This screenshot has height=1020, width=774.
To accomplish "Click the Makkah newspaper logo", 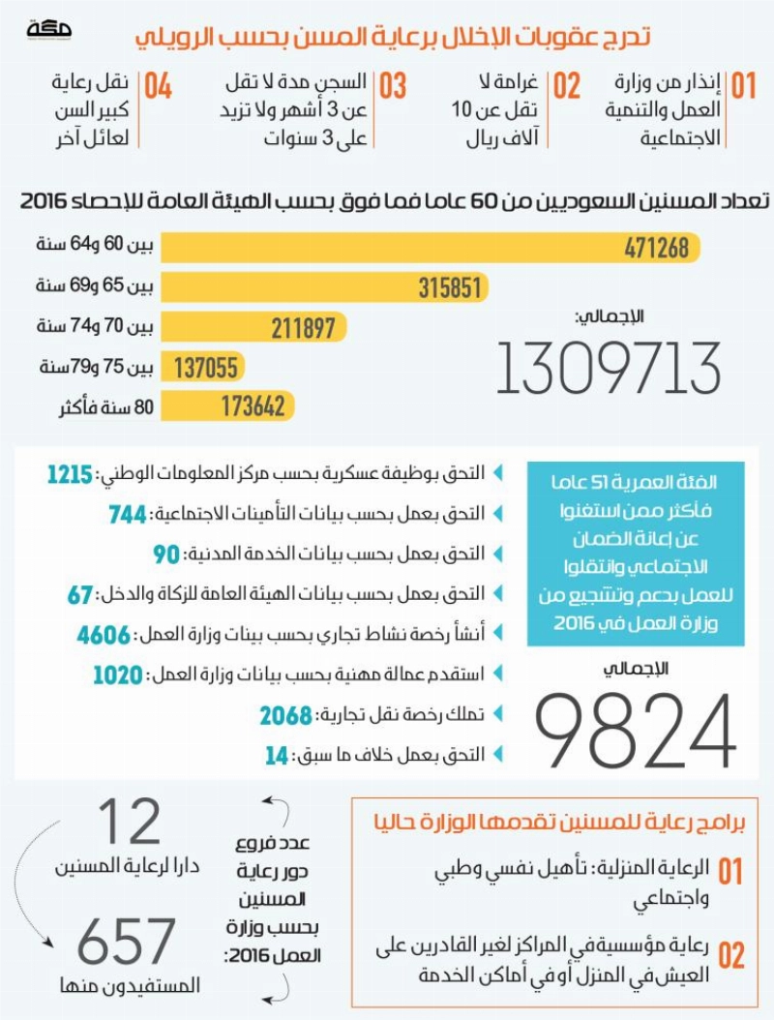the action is (x=48, y=29).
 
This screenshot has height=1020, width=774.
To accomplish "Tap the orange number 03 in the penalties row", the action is (x=393, y=86).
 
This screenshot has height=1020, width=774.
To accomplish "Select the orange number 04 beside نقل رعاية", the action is (x=158, y=86).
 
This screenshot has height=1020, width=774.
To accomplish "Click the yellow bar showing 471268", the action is (x=431, y=247).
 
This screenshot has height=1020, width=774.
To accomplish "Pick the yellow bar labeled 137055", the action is (x=203, y=367).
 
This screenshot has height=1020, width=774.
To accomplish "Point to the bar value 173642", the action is (x=253, y=406).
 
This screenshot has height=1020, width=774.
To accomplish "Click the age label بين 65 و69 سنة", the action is (x=95, y=285).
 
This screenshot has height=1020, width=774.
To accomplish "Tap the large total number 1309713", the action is (x=609, y=368).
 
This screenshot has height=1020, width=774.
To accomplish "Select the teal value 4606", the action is (x=104, y=634).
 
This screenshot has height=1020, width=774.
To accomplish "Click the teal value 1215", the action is (x=71, y=474).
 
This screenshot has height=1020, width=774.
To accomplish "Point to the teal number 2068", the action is (x=285, y=715).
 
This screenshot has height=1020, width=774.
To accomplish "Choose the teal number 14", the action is (x=277, y=755).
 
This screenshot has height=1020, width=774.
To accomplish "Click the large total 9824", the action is (x=635, y=731).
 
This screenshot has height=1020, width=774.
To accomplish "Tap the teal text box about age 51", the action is (x=636, y=554).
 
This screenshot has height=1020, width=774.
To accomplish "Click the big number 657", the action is (x=126, y=941).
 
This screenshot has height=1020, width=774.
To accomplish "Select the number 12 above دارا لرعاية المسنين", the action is (x=129, y=821).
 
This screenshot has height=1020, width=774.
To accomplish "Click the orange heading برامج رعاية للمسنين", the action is (x=560, y=822).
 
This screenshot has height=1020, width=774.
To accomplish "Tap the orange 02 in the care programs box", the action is (x=731, y=955).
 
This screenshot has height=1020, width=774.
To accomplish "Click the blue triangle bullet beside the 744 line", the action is (x=498, y=514).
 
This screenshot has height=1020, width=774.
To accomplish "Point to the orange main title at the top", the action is (x=393, y=37).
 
